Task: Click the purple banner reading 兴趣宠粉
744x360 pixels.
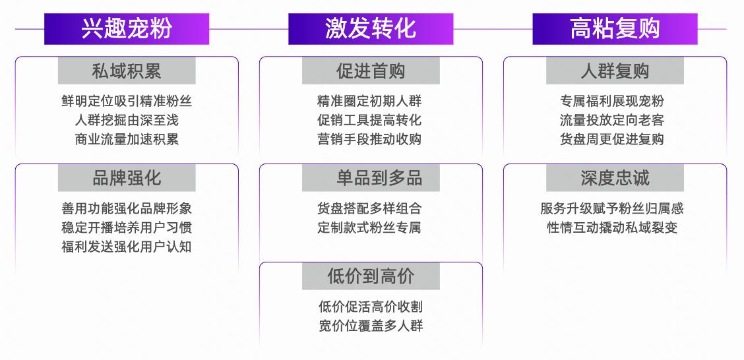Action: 127,29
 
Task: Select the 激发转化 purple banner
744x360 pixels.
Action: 371,29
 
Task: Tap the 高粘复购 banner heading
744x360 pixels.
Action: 615,29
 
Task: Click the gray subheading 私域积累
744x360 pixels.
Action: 127,71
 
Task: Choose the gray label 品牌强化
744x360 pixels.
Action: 127,178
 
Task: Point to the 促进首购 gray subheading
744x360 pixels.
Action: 371,71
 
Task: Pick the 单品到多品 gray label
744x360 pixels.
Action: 371,178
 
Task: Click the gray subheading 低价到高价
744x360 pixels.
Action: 371,276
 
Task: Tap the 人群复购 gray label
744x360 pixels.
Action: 615,71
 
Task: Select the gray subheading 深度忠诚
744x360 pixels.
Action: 615,178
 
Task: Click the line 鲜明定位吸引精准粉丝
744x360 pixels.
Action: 127,101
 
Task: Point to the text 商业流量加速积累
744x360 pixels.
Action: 127,139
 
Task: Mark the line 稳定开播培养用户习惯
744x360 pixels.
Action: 127,227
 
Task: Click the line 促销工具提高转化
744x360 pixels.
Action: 369,120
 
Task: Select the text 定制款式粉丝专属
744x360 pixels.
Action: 369,227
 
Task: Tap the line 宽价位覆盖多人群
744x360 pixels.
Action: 371,326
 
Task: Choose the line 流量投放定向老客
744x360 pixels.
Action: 612,120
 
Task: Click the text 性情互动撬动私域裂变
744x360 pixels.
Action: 612,227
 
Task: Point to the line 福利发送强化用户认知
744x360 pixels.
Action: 127,247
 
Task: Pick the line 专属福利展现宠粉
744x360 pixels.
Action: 612,101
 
